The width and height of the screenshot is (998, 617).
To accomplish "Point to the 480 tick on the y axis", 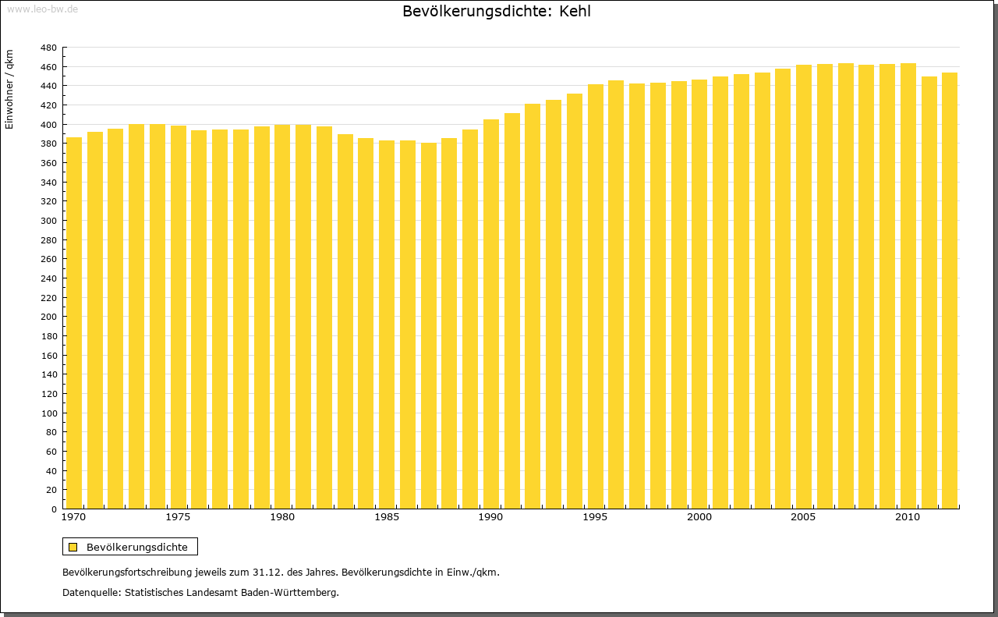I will (48, 48).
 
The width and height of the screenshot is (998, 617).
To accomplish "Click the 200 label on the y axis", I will (48, 317).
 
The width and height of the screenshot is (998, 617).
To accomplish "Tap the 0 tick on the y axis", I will (53, 509).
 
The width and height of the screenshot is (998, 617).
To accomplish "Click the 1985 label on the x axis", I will (387, 517).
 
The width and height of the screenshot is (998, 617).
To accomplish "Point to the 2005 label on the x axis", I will (804, 517).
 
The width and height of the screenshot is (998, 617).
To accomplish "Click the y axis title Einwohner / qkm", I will (9, 89).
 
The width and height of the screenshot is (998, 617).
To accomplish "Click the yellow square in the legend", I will (73, 547).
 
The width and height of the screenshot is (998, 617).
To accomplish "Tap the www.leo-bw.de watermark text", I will (42, 9).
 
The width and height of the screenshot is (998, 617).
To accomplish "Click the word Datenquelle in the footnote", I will (90, 593).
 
